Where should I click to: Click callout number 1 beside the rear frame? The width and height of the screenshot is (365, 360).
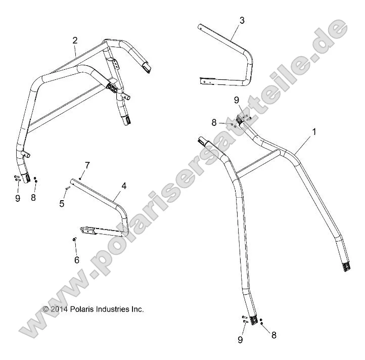[314, 132]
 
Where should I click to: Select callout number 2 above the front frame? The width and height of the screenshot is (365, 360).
[75, 40]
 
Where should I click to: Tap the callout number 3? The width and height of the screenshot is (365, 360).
[242, 20]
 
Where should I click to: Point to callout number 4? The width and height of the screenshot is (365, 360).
[123, 186]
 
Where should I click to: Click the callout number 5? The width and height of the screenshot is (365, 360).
[63, 203]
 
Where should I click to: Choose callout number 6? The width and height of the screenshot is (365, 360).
[77, 260]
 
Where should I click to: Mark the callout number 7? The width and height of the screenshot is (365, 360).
[87, 165]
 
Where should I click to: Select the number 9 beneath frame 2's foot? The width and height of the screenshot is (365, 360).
[17, 198]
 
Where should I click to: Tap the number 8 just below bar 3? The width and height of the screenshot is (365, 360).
[214, 122]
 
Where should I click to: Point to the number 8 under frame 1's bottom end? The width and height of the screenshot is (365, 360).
[273, 334]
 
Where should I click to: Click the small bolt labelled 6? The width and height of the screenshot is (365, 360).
[75, 239]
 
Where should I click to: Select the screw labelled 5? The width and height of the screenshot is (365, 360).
[67, 189]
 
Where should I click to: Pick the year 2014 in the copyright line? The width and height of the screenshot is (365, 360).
[59, 309]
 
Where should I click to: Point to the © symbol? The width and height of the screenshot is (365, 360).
[45, 309]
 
